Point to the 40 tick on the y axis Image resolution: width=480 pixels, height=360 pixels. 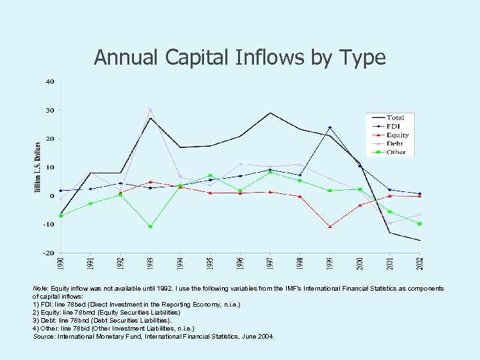(x=50, y=81)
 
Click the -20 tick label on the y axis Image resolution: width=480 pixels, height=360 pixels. (x=49, y=253)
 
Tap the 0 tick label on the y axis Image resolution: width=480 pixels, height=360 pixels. (x=52, y=196)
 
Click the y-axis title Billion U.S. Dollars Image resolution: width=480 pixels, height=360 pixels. (x=38, y=167)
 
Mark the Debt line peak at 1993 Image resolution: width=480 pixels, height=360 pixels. (x=151, y=110)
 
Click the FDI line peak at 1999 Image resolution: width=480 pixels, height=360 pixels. (x=329, y=127)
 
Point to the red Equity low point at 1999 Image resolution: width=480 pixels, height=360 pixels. (x=329, y=227)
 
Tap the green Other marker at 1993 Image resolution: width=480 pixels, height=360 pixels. (x=151, y=227)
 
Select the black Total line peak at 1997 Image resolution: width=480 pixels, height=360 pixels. (x=270, y=113)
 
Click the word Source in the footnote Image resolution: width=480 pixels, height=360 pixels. (x=43, y=336)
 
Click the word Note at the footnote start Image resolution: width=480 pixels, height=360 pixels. (x=40, y=288)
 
